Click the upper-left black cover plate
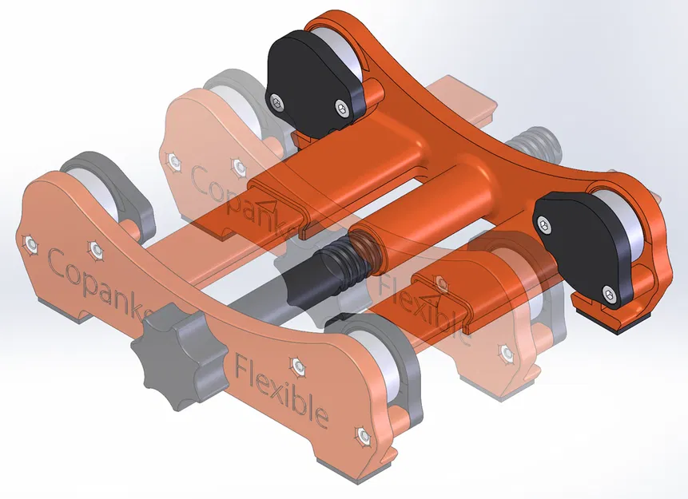[313, 80]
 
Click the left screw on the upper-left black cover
[276, 101]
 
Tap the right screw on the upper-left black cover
[343, 107]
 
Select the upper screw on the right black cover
[546, 226]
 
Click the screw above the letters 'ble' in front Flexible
[299, 366]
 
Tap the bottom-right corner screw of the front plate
[364, 435]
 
